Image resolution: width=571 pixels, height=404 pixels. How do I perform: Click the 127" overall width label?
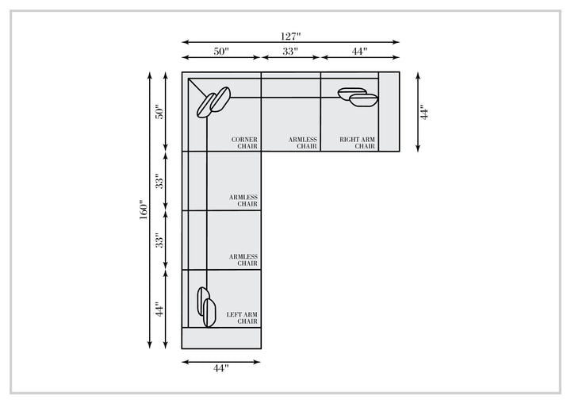[x=290, y=37]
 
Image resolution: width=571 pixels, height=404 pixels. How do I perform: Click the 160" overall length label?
[x=144, y=210]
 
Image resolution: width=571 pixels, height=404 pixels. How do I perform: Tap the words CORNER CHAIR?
[x=244, y=143]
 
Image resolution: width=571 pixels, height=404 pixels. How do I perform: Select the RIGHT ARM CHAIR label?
[x=357, y=143]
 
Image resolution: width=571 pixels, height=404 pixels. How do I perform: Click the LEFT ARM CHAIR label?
[x=242, y=317]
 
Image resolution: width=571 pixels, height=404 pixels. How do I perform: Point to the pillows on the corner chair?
[x=214, y=102]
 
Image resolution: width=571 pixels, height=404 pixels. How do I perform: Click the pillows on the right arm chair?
[x=358, y=97]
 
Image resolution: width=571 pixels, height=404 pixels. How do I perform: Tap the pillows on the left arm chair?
[x=206, y=306]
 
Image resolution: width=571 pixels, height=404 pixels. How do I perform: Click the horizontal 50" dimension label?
[x=221, y=52]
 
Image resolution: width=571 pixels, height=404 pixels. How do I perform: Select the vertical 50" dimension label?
[x=160, y=112]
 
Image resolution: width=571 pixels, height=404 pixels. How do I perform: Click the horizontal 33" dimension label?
[x=290, y=52]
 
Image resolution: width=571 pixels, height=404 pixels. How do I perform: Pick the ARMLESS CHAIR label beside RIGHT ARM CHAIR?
[x=303, y=143]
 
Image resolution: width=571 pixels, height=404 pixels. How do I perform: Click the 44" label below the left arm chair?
[x=221, y=368]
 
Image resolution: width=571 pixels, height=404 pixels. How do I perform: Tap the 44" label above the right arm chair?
[x=359, y=52]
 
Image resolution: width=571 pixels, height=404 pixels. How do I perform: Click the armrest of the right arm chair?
[x=389, y=112]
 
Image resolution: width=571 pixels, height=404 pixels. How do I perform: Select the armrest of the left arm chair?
[x=221, y=338]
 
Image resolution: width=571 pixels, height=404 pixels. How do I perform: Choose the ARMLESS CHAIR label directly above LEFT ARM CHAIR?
[x=243, y=260]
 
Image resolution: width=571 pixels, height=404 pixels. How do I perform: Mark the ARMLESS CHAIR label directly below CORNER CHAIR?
[x=243, y=201]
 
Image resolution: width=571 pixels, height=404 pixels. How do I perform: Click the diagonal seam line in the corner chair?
[x=197, y=87]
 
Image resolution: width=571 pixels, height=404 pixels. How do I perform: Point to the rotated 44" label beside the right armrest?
[x=424, y=112]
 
